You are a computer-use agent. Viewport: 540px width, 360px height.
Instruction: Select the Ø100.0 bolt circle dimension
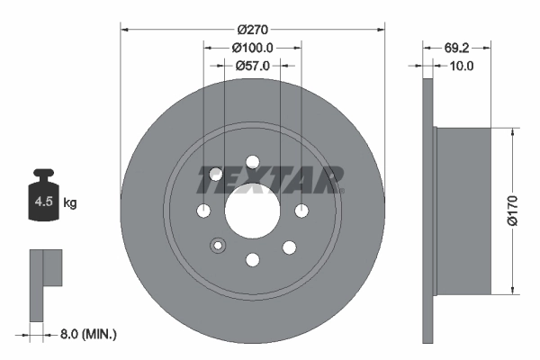point(252,48)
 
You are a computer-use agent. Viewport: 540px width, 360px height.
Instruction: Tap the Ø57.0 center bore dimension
point(252,66)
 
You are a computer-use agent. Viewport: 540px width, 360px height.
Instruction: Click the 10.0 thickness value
point(461,66)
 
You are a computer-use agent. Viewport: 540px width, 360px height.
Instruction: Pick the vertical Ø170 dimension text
point(511,209)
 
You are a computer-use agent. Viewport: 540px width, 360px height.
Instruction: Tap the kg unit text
point(70,203)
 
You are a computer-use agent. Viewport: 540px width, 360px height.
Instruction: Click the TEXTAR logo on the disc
point(270,180)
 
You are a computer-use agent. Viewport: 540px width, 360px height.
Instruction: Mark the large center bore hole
point(252,211)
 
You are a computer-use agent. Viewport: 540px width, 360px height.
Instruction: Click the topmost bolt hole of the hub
point(252,162)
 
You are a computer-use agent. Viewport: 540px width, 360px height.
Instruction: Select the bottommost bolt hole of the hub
point(252,260)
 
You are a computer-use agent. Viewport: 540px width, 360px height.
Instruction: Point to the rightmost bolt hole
point(301,211)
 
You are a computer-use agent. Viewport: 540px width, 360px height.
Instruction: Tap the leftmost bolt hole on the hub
point(203,211)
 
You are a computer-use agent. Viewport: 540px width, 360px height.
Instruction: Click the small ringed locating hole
point(216,245)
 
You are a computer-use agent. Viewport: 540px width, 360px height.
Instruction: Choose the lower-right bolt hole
point(289,246)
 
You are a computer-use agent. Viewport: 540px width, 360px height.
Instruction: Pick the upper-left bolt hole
point(216,175)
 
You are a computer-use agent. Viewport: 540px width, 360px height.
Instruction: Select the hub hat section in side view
point(463,209)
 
